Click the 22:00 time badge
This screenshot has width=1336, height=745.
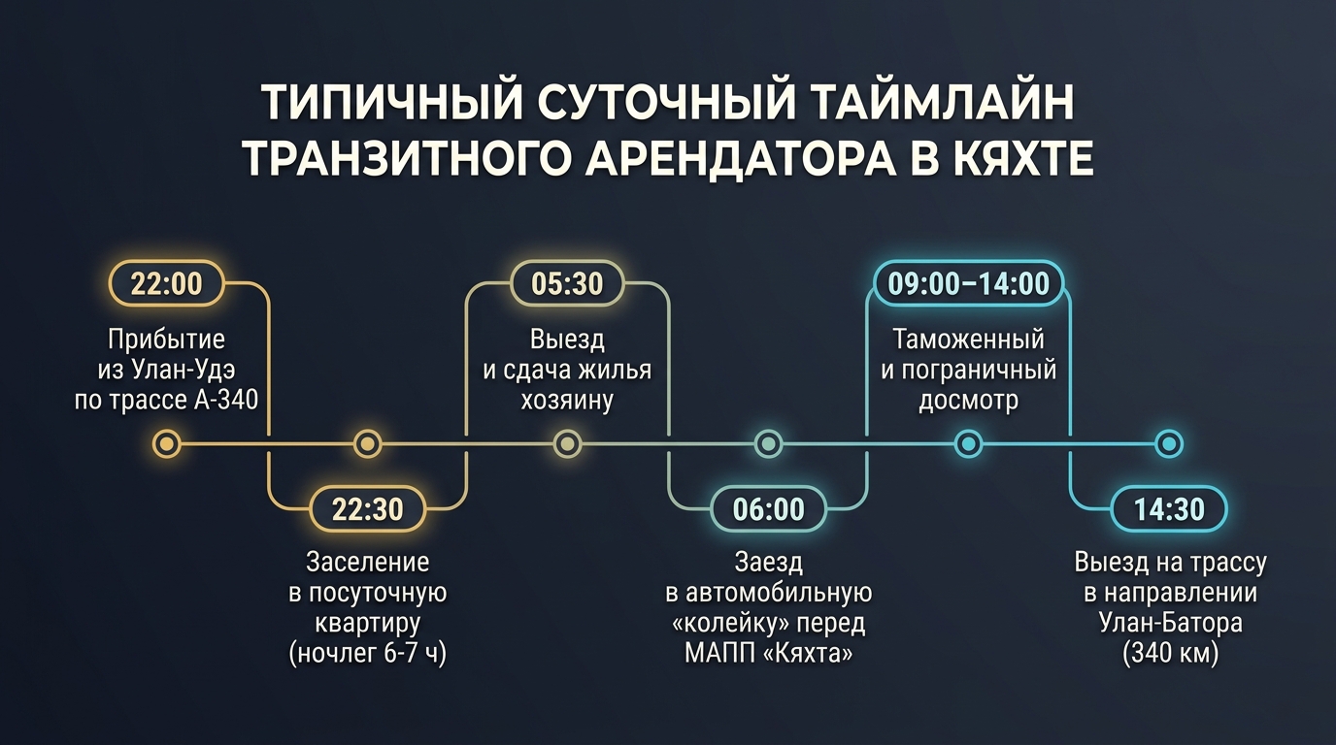(166, 283)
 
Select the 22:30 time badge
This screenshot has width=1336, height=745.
(367, 509)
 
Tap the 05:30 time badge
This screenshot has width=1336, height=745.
(567, 283)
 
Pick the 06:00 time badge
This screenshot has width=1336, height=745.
(768, 509)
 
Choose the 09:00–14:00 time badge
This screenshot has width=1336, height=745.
(969, 283)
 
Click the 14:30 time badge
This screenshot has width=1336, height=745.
(1169, 509)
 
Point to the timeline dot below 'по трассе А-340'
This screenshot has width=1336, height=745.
(166, 444)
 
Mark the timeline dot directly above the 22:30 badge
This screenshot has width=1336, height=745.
(367, 444)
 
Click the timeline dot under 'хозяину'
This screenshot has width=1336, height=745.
(567, 444)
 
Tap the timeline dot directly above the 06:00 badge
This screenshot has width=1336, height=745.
(768, 444)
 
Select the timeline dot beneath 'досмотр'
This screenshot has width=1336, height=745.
(969, 444)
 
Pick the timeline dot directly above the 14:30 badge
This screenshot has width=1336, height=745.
(1169, 444)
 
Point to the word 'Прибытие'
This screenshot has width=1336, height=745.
(166, 340)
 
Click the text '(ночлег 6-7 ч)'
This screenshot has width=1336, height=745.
(367, 654)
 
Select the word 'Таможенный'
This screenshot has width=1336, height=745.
(969, 340)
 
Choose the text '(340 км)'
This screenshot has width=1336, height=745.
(1170, 654)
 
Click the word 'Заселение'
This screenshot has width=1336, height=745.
(367, 562)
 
